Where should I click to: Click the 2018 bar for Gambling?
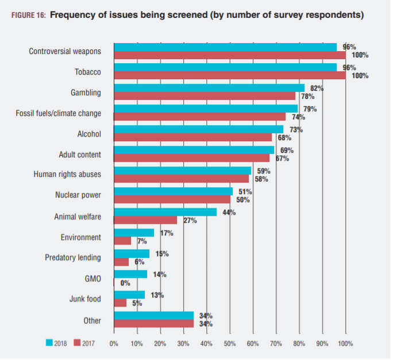[x=209, y=88]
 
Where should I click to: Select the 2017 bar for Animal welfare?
[x=146, y=220]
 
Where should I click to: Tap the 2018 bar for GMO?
[x=130, y=274]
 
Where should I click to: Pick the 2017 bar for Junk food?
[x=121, y=303]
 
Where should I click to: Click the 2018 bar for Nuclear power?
[x=174, y=191]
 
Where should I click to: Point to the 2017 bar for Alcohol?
[x=192, y=138]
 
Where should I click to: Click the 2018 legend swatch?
[x=49, y=343]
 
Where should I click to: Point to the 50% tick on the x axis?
[x=230, y=343]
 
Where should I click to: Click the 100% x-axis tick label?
[x=345, y=343]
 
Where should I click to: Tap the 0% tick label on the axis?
[x=114, y=343]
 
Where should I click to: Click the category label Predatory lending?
[x=73, y=258]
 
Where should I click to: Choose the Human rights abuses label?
[x=68, y=175]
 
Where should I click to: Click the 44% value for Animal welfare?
[x=230, y=212]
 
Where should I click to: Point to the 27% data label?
[x=190, y=220]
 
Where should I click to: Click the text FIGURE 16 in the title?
[x=27, y=16]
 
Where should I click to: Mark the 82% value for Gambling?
[x=317, y=88]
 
